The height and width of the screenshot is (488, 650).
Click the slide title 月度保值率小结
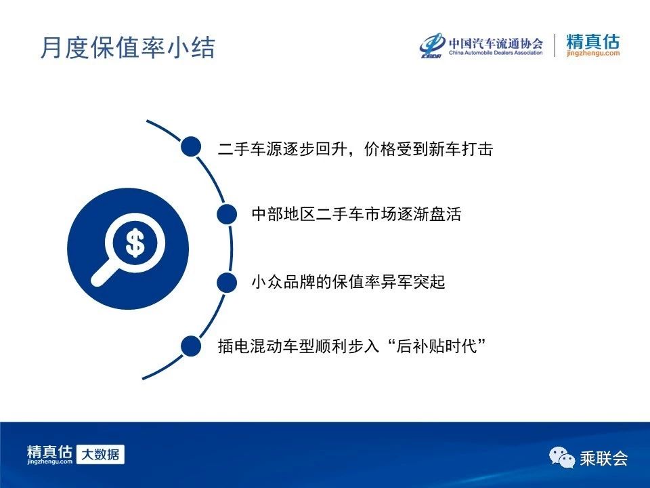click(128, 47)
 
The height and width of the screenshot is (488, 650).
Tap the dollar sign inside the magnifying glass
click(135, 243)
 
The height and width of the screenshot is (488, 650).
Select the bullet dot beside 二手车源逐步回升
click(191, 146)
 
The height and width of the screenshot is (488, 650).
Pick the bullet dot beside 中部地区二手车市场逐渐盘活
click(227, 214)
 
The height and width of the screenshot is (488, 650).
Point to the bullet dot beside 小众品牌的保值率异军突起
click(227, 282)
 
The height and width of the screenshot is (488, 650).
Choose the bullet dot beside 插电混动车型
click(191, 346)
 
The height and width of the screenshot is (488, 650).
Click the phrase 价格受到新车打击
click(428, 149)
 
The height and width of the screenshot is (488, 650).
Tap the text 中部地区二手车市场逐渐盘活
click(357, 214)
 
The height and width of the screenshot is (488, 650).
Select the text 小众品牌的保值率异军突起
click(348, 282)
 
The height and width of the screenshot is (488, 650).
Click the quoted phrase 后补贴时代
click(436, 346)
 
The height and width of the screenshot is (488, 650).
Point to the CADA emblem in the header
click(432, 45)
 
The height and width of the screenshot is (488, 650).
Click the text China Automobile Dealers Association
click(496, 53)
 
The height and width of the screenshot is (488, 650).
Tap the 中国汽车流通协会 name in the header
click(496, 43)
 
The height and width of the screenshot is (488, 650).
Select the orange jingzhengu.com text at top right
click(593, 53)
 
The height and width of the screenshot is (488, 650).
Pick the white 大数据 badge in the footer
click(100, 454)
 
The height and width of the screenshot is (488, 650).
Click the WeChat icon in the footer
click(562, 457)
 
